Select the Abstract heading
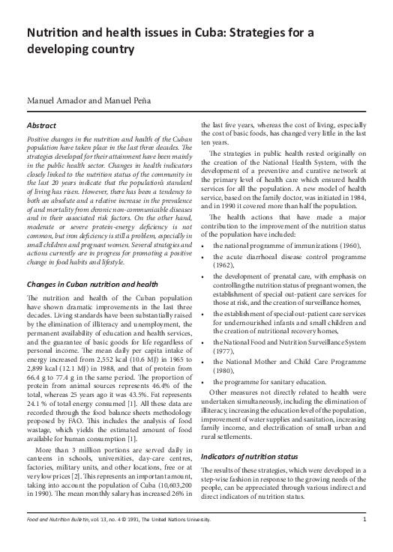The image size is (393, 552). [43, 126]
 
